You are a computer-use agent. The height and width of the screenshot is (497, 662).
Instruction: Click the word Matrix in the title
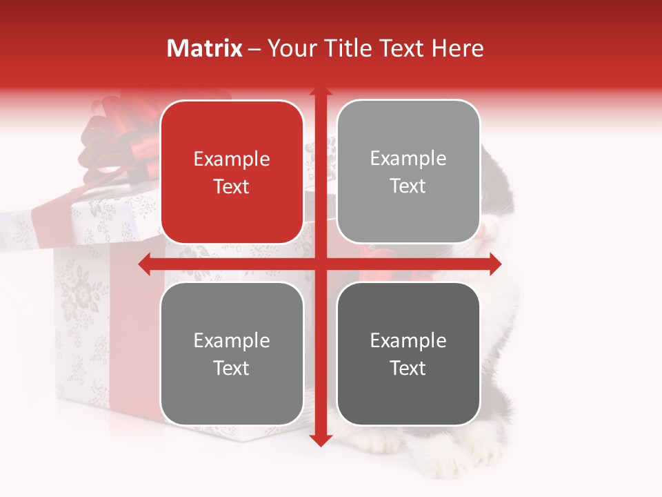[x=205, y=48]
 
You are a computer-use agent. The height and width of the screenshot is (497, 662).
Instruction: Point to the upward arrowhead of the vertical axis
[x=320, y=92]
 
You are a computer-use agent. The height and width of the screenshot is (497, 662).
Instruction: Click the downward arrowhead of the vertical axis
[x=320, y=440]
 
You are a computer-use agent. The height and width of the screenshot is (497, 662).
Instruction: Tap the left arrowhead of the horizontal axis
[x=144, y=264]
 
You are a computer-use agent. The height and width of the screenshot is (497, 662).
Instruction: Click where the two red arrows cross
[x=320, y=264]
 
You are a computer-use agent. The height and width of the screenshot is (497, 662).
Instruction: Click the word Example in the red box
[x=232, y=159]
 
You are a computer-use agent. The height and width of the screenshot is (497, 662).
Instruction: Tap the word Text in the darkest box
[x=408, y=368]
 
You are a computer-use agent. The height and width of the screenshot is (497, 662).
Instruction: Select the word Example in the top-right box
[x=408, y=159]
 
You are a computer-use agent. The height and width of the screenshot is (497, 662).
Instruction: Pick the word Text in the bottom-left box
[x=232, y=368]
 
